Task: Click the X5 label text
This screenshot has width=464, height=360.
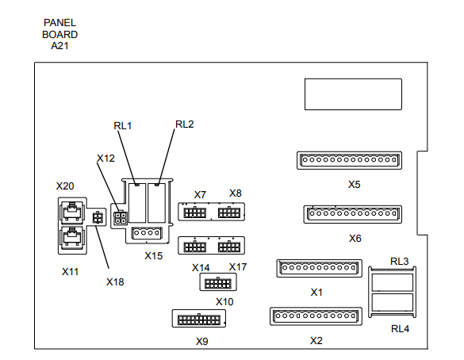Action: point(354,184)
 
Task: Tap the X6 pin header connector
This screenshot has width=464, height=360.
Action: point(353,214)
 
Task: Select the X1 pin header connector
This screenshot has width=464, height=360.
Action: point(319,268)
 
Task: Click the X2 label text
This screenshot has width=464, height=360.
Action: point(316,340)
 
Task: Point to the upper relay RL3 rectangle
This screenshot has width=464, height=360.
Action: point(392,282)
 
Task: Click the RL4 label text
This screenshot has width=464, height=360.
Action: point(400,328)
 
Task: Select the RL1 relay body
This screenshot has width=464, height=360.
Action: point(137,203)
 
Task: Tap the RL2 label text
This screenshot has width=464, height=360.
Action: point(185,124)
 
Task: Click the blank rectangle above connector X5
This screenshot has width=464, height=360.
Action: point(353,94)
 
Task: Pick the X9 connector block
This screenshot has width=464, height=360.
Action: point(199,319)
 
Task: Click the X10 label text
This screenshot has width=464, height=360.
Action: point(224,302)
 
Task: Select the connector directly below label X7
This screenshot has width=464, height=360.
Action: point(194,213)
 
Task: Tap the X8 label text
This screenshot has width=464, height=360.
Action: point(236,193)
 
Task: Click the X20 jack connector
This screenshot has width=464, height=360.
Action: point(72,212)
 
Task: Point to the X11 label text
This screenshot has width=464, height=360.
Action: point(70,271)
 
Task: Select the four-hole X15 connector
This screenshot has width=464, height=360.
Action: point(147,233)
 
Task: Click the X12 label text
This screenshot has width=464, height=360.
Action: point(105,159)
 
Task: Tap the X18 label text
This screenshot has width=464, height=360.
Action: point(115,282)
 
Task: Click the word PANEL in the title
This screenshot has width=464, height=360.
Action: point(59,22)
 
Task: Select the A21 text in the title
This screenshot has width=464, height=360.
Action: point(59,46)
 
